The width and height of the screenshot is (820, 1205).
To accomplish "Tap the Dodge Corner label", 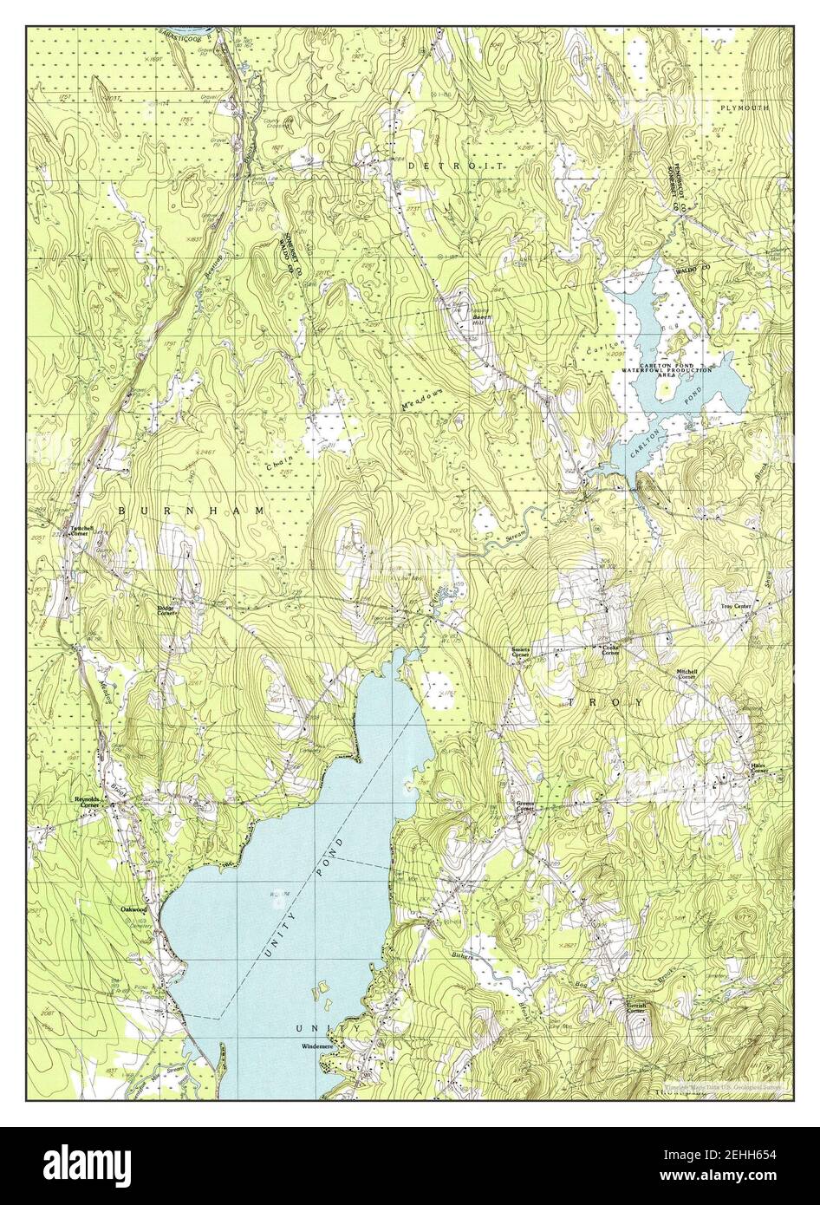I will click(166, 610).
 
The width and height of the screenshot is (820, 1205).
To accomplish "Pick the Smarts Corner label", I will click(521, 652).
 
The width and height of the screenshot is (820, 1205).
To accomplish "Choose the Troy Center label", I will click(735, 608).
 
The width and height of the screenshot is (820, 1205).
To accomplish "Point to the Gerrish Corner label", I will click(635, 1007).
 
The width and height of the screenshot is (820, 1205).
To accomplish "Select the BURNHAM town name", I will click(190, 512).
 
